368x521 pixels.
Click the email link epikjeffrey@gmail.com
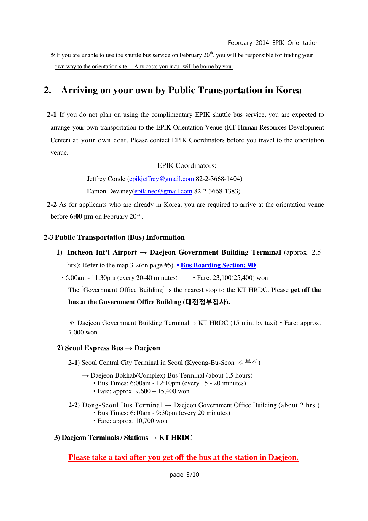(162, 179)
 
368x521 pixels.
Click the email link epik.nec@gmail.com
(163, 191)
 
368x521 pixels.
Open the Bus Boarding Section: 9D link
(218, 265)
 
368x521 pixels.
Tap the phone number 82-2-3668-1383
(216, 191)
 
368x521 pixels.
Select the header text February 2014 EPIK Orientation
(273, 43)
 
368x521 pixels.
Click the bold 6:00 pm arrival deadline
(81, 217)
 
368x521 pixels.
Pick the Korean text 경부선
(248, 362)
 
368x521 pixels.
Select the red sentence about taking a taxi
(183, 457)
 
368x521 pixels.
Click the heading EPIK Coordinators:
(187, 165)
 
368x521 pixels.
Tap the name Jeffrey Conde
(106, 179)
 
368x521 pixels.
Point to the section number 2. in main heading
(47, 90)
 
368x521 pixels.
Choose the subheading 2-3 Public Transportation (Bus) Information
(114, 237)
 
